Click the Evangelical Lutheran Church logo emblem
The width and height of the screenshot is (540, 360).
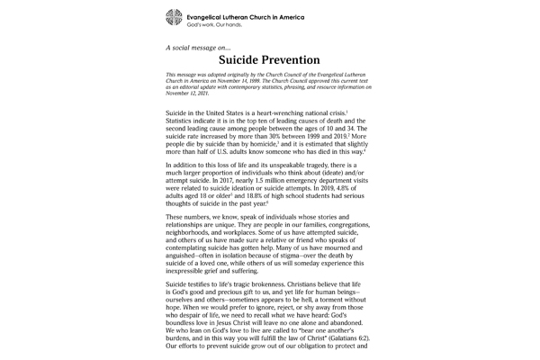click(173, 18)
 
